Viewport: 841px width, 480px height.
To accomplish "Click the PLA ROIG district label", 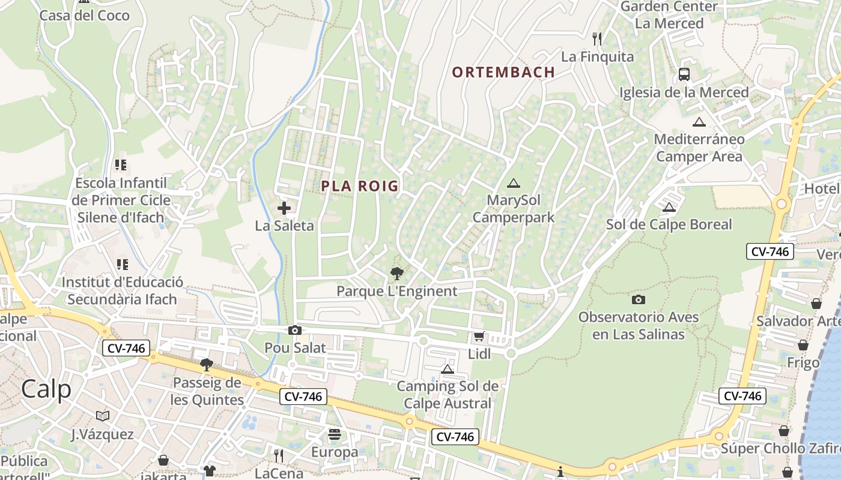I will click(360, 186).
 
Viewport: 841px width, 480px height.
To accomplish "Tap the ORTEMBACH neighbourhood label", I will click(503, 73).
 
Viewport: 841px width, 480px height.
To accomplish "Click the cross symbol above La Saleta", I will click(284, 208).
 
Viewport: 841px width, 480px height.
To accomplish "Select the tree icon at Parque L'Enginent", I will click(396, 274).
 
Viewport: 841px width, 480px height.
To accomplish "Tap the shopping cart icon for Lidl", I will click(479, 336).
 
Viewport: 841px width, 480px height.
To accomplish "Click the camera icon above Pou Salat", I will click(294, 330).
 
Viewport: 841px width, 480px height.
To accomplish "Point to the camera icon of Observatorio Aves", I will click(638, 299).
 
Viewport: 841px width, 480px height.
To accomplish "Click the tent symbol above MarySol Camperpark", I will click(513, 183).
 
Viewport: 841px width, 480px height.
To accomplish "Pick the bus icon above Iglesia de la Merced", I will click(684, 74).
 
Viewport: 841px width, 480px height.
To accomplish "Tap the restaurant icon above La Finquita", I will click(597, 39).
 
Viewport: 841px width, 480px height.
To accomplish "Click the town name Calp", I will click(46, 389).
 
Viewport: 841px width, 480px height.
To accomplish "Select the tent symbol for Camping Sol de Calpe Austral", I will click(447, 369).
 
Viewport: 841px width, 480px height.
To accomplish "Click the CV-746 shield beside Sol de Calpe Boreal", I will click(770, 251).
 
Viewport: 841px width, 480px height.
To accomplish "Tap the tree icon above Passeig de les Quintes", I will click(207, 364).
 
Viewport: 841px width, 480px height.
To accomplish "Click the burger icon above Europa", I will click(335, 434).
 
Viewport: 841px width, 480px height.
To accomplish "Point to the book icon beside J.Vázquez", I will click(103, 416).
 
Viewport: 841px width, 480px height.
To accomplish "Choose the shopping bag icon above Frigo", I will click(803, 345).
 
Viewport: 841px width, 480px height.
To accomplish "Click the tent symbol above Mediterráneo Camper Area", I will click(699, 122).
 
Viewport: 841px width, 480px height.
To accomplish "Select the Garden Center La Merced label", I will click(669, 15).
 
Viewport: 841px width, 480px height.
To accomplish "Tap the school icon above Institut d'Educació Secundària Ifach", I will click(123, 264).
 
